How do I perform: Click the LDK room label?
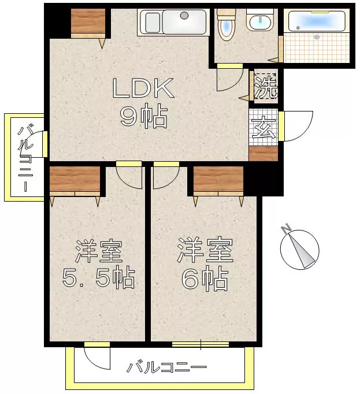click(x=143, y=88)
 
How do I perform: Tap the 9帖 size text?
click(x=144, y=117)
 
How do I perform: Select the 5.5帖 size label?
click(x=98, y=278)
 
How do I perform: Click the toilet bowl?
click(x=227, y=25)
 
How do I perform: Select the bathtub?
click(x=317, y=21)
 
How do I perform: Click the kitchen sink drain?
click(x=184, y=16)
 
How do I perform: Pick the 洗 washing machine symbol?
click(x=266, y=86)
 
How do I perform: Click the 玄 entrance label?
click(x=264, y=127)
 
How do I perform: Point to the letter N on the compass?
click(x=286, y=229)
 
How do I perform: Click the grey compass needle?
click(x=302, y=251)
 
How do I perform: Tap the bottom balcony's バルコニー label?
click(x=166, y=367)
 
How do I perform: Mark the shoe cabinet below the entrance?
click(x=263, y=154)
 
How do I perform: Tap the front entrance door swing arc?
click(x=307, y=131)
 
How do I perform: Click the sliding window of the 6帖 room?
click(x=201, y=344)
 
